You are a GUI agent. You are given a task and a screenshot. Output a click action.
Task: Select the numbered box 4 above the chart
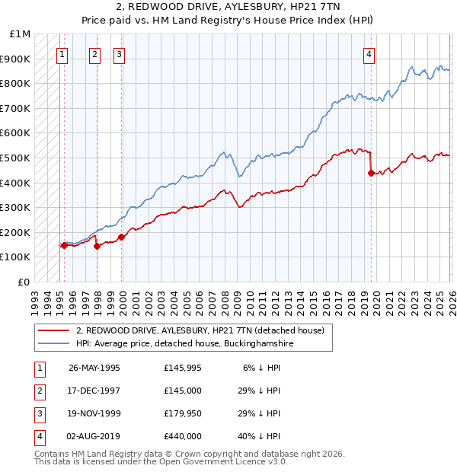[369, 54]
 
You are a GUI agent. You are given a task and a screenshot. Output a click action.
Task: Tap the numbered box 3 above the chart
[120, 54]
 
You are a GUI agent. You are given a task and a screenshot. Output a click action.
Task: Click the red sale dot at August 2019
[371, 173]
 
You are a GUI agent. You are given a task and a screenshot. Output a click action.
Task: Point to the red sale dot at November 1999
[122, 237]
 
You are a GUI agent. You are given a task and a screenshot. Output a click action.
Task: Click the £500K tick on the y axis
[15, 158]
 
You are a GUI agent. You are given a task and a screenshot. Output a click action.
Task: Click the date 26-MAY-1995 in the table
[94, 368]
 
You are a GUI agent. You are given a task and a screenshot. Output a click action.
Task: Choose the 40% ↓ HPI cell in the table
[260, 436]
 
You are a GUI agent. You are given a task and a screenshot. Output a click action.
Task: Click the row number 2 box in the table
[38, 391]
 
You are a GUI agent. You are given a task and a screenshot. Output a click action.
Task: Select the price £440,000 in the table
[183, 436]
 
